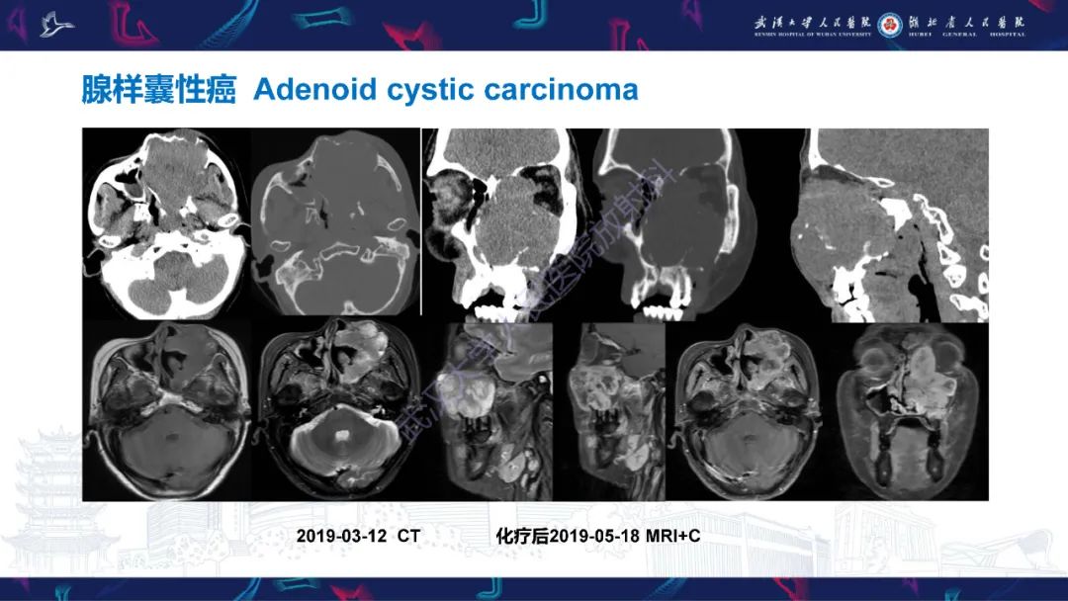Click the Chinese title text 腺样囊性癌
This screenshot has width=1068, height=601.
coord(159,90)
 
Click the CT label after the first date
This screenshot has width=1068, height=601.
coord(408,535)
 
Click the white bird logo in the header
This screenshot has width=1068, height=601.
coord(57,24)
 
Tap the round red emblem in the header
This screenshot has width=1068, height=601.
coord(890,23)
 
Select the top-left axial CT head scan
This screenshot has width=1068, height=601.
coord(165,222)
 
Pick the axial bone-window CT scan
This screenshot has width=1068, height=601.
coord(335,222)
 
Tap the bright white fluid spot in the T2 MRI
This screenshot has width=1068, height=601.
coord(339,432)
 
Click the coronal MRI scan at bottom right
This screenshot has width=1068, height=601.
coord(909,410)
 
